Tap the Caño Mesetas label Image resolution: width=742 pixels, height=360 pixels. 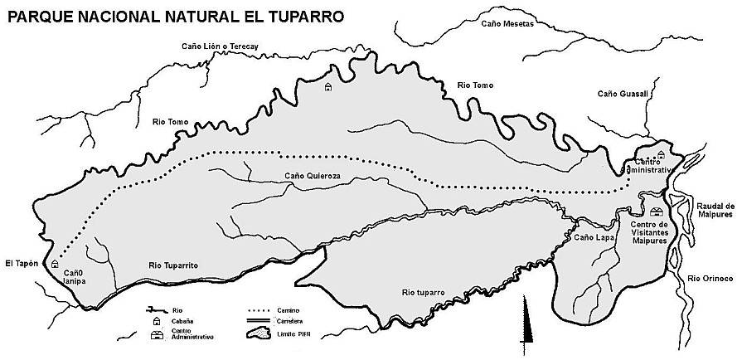(508, 24)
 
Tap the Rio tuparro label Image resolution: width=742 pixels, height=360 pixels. (423, 293)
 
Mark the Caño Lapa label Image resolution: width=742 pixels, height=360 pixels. (594, 238)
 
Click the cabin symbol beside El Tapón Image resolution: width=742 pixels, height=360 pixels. (55, 263)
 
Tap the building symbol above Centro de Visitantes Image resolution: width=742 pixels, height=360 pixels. (656, 212)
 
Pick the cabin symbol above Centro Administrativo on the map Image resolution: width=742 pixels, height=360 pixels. (661, 154)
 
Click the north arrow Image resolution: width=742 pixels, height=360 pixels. (524, 324)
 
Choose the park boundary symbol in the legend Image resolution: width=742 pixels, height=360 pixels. (260, 334)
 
